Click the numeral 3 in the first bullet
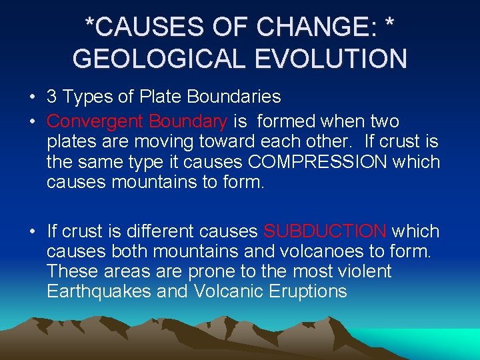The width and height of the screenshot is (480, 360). [x=52, y=97]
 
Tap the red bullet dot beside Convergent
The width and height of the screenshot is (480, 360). [x=33, y=122]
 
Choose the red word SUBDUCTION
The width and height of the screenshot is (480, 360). [x=325, y=231]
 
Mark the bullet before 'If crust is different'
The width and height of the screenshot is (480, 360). [x=33, y=231]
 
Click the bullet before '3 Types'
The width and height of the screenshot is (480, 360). [x=33, y=97]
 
